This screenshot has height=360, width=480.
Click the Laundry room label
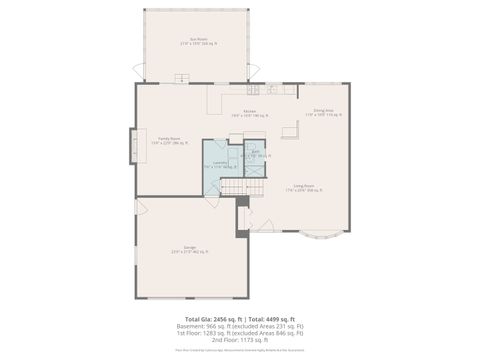pyautogui.click(x=218, y=162)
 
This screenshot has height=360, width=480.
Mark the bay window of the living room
pyautogui.click(x=323, y=237)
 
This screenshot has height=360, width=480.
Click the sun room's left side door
pyautogui.click(x=138, y=70)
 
